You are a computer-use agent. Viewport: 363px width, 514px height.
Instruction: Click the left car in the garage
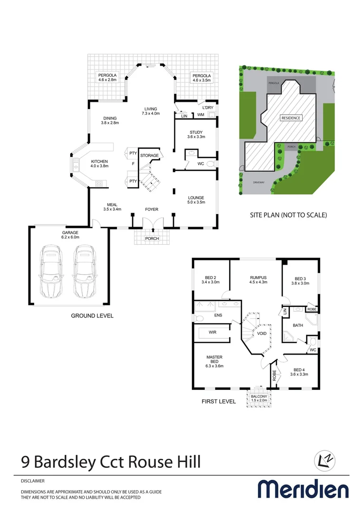pos(52,271)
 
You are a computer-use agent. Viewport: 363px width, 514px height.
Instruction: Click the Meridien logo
pos(303,489)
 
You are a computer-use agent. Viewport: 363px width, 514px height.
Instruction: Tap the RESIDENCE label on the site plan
pos(291,118)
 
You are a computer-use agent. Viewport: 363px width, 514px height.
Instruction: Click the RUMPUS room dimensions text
pos(258,282)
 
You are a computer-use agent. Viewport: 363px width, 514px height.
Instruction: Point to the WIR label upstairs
pos(212,332)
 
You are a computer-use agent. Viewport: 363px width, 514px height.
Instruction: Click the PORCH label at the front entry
pos(152,238)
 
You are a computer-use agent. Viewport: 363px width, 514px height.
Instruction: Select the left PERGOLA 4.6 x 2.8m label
pos(107,78)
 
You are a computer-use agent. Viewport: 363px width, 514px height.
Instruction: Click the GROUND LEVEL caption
pos(92,316)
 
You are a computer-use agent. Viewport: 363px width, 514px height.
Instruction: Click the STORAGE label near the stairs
pos(149,156)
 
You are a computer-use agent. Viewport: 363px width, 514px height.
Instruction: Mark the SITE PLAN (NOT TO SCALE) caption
pos(288,215)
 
